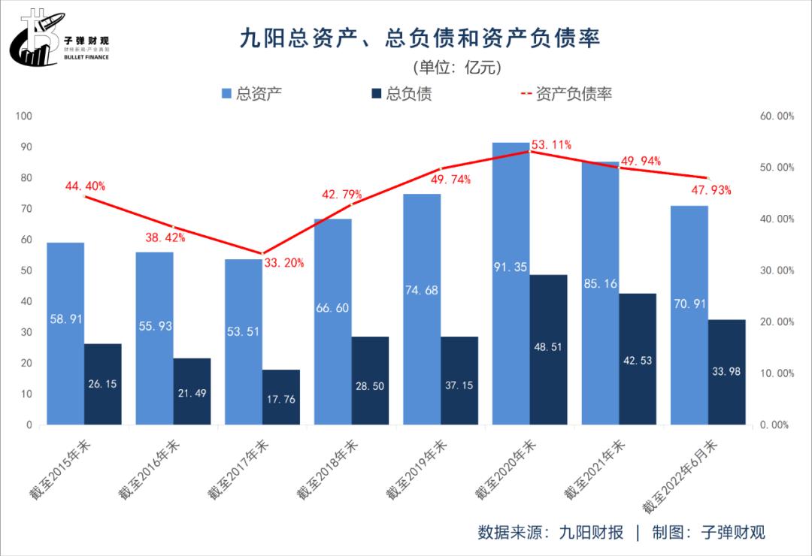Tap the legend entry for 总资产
coord(251,94)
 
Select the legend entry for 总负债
coord(401,94)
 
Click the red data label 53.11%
coord(551,144)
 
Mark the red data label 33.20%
coord(283,263)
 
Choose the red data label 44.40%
coord(85,186)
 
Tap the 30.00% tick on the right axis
coord(775,270)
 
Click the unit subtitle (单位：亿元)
coord(456,67)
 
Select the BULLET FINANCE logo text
coord(86,56)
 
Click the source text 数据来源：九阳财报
coord(550,533)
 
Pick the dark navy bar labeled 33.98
coord(727,372)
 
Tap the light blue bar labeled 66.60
coord(333,323)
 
